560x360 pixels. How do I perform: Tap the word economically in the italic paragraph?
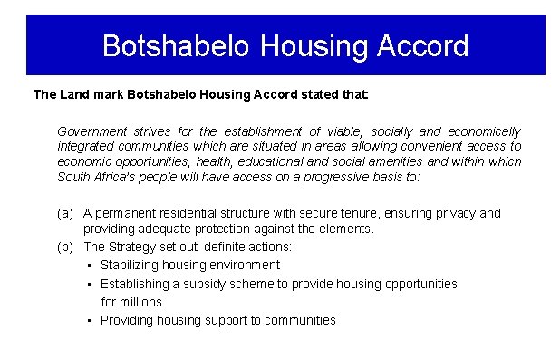click(485, 131)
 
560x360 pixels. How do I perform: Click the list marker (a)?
click(64, 214)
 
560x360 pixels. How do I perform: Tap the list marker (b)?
click(64, 247)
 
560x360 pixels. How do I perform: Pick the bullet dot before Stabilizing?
click(90, 266)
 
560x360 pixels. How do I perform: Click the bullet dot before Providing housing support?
click(90, 320)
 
